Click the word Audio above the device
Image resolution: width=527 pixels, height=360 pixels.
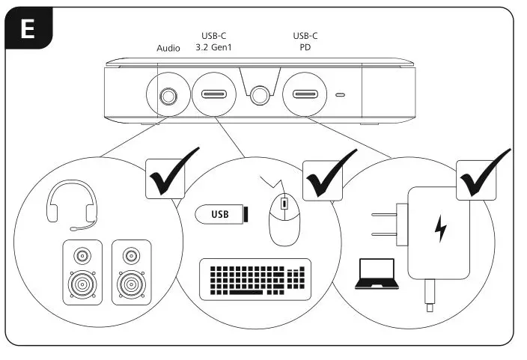click(168, 49)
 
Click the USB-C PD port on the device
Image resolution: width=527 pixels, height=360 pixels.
click(305, 95)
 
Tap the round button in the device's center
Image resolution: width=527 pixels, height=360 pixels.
click(260, 95)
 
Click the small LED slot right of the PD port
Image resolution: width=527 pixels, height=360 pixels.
click(341, 96)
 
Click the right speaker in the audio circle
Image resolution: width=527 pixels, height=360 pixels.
click(132, 271)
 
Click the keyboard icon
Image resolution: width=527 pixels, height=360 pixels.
click(255, 280)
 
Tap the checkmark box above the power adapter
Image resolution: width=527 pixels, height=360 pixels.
click(479, 177)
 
